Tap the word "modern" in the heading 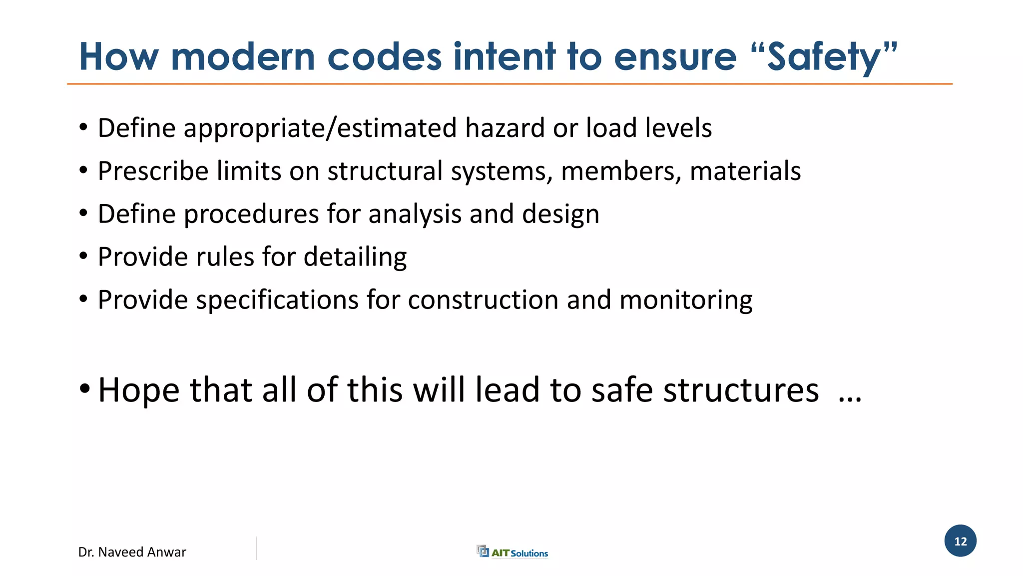point(243,56)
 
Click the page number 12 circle point(960,541)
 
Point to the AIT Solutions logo point(512,552)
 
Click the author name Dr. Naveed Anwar point(132,552)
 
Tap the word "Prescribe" point(153,171)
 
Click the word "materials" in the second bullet point(745,171)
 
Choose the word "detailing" point(355,257)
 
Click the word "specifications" point(277,300)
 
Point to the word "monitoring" point(686,300)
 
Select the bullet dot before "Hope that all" point(84,388)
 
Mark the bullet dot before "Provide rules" point(83,256)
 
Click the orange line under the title point(510,84)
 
